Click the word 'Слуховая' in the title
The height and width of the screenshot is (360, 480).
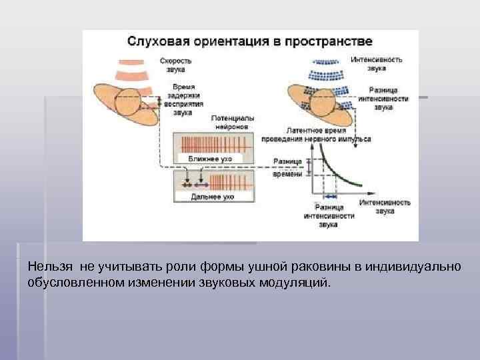click(159, 41)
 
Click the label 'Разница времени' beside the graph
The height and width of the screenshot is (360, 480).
click(288, 167)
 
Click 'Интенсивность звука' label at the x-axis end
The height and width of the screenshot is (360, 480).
click(384, 206)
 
